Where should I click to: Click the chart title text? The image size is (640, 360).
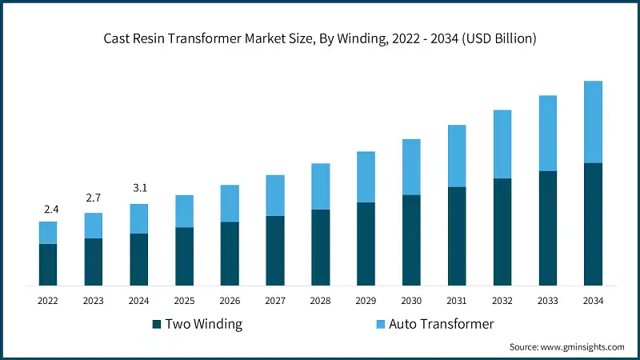[320, 38]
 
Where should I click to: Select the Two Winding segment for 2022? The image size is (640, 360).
[48, 265]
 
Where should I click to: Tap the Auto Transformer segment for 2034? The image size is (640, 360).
[593, 122]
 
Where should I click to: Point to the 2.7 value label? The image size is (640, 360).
[94, 198]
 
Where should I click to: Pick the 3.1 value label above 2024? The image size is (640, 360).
[139, 188]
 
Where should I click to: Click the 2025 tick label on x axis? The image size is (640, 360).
[184, 301]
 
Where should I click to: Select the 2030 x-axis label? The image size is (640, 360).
[411, 301]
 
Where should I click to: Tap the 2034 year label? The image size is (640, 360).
[593, 301]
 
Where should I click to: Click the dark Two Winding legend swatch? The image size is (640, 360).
[158, 324]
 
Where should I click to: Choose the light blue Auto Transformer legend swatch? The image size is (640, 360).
[381, 324]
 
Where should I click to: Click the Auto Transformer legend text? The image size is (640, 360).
[442, 324]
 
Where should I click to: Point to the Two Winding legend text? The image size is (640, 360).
[205, 324]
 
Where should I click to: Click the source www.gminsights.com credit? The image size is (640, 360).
[566, 346]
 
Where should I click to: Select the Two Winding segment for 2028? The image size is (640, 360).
[320, 247]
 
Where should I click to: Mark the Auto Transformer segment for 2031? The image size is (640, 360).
[457, 156]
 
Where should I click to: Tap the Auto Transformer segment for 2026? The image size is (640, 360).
[230, 203]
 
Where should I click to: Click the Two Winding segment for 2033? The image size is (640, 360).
[547, 228]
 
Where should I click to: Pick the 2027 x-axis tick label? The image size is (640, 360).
[275, 301]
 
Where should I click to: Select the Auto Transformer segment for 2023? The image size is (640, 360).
[94, 226]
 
